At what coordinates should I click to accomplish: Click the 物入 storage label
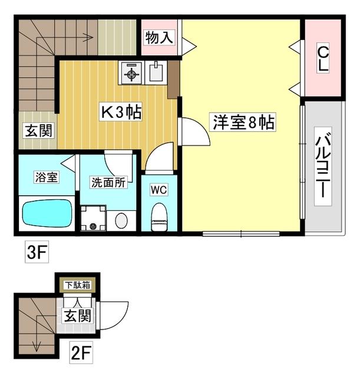159,38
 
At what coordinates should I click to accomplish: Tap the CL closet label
322,59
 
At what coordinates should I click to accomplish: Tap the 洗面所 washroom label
108,183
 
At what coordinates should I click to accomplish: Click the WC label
159,190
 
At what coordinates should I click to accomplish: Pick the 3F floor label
35,253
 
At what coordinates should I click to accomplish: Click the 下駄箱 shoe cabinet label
77,285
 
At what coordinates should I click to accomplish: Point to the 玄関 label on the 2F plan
77,315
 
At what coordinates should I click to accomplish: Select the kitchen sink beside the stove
156,73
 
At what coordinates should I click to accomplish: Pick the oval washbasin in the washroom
121,220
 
